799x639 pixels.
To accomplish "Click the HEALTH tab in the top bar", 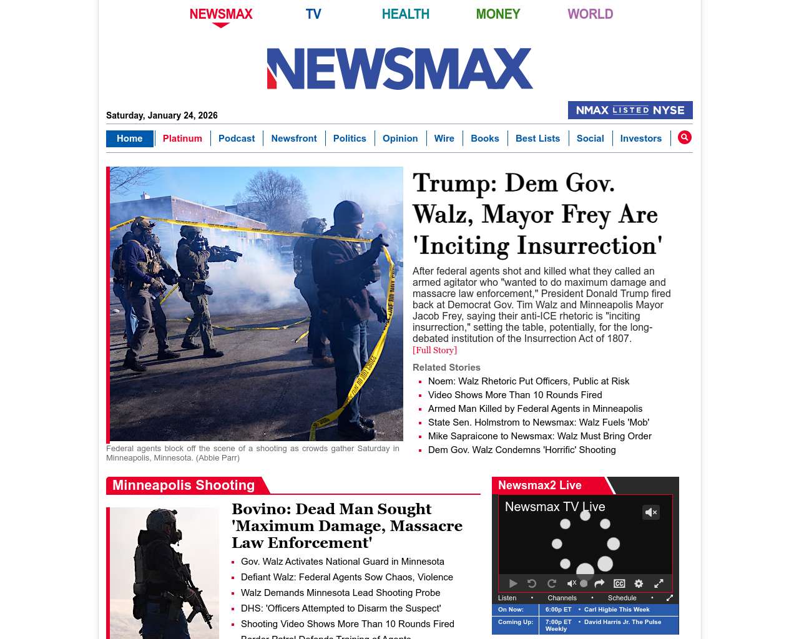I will pos(405,14).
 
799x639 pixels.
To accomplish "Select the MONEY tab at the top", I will pos(498,14).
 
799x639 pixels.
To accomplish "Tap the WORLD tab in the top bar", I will pos(590,14).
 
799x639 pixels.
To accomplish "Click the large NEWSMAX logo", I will pos(399,69).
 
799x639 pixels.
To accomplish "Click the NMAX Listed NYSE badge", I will pos(630,110).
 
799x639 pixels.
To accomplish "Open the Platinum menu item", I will pos(182,139).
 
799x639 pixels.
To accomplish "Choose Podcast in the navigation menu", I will pos(237,139).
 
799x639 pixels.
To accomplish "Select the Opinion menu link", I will pos(400,139).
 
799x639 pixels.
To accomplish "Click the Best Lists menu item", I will pos(537,139).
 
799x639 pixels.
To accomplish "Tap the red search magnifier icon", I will pos(685,137).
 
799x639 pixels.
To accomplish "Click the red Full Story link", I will pos(434,351).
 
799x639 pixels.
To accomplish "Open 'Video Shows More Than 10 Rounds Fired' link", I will pos(515,395).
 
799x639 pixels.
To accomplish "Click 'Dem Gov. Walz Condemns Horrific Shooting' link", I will pos(522,450).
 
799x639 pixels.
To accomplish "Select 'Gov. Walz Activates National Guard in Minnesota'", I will pos(343,562).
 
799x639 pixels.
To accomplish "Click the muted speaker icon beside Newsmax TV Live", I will pos(651,512).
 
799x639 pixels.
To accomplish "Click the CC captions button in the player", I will pos(619,583).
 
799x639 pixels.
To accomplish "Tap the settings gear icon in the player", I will pos(639,583).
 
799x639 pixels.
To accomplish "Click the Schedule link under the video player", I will pos(622,598).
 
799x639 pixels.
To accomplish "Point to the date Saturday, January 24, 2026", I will pos(162,115).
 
